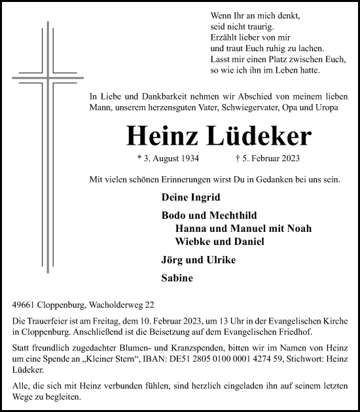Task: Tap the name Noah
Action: tap(298, 229)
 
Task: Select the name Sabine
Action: tap(177, 278)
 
